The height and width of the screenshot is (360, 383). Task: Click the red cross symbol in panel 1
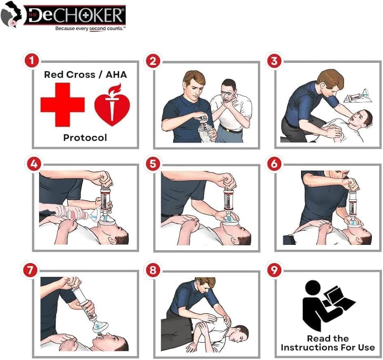[62, 104]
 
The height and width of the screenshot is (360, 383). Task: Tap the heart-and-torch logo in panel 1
[112, 105]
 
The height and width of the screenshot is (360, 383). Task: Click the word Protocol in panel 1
[85, 138]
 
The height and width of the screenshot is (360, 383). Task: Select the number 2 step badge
[153, 61]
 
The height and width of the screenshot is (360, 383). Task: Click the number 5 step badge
[153, 163]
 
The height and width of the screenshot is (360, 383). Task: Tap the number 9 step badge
[274, 270]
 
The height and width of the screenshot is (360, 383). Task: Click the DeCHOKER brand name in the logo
[75, 15]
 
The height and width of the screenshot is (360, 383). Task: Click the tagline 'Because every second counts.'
[90, 29]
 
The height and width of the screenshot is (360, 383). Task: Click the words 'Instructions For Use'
[328, 347]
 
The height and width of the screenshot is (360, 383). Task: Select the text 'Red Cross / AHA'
[85, 75]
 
